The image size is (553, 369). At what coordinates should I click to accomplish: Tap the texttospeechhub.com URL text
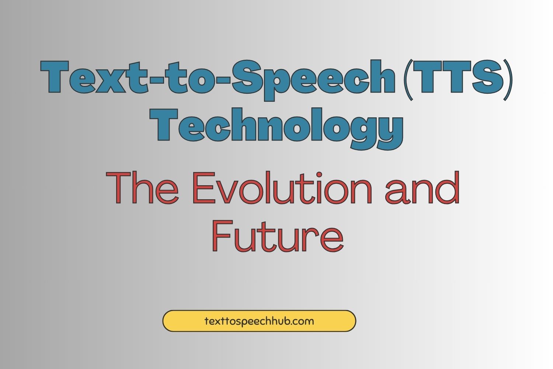(259, 321)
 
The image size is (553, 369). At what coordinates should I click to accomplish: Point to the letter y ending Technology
(388, 129)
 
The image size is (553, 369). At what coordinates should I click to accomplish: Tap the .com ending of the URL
(302, 321)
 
